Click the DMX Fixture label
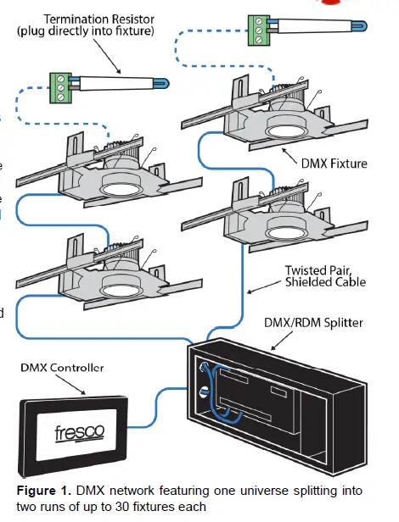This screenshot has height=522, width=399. point(335,163)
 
